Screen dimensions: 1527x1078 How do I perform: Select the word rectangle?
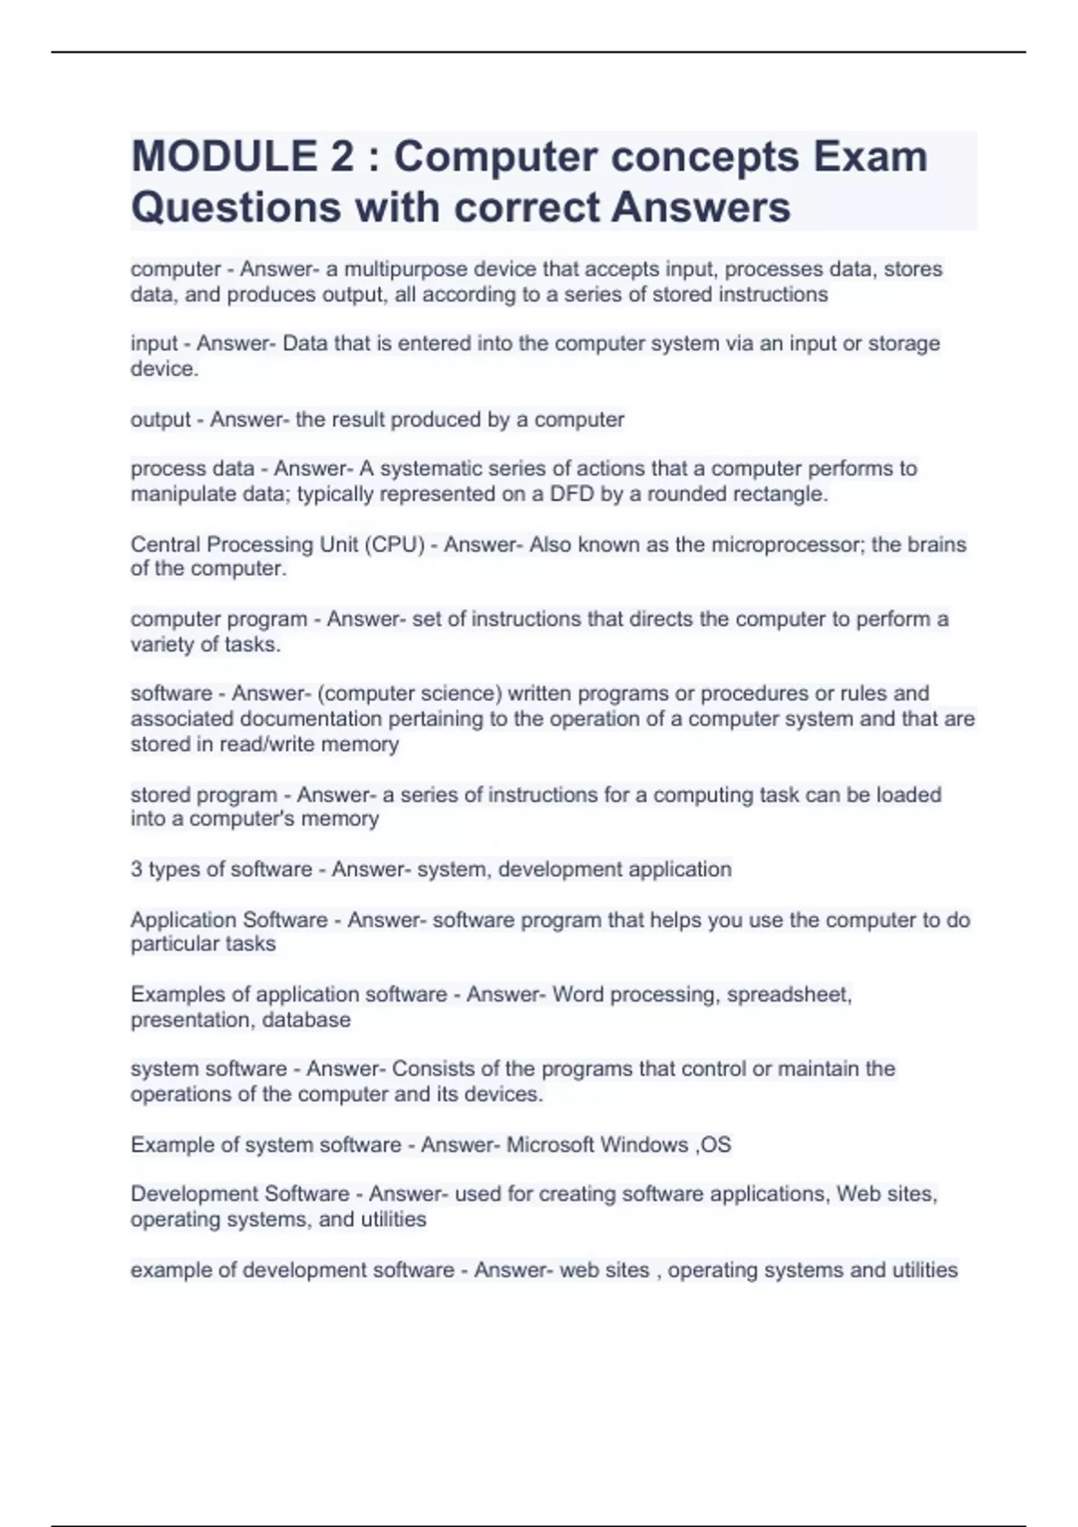tap(781, 494)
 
